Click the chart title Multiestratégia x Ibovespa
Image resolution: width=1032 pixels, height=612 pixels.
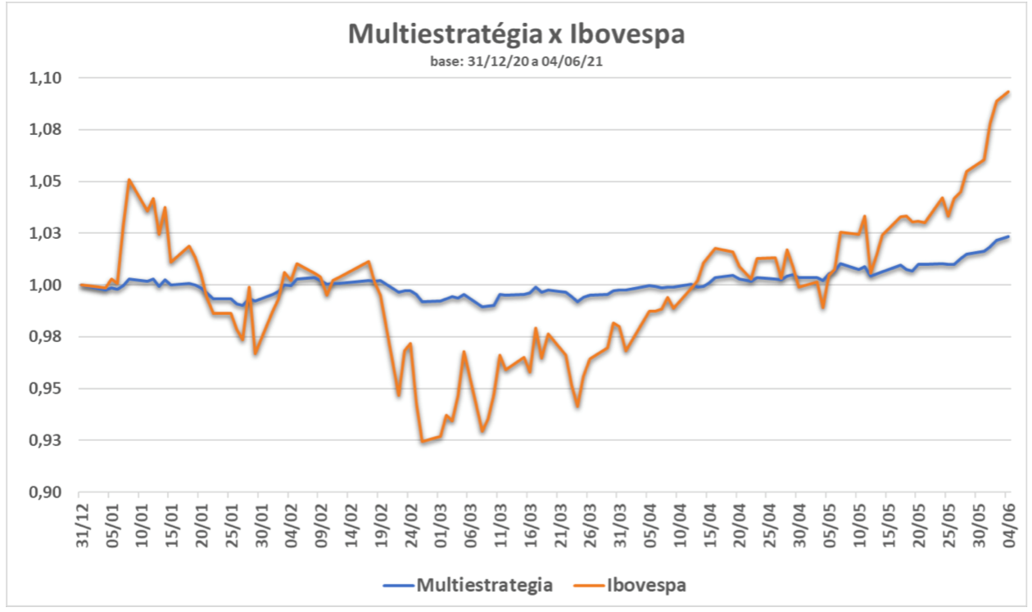(x=516, y=35)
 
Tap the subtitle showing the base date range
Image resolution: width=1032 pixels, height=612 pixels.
(x=516, y=61)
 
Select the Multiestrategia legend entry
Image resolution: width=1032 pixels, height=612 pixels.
(x=483, y=585)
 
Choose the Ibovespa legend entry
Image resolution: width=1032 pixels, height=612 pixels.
(x=647, y=585)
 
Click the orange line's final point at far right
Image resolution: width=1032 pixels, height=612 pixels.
(x=1008, y=92)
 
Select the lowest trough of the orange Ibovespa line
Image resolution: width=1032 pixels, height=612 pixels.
(x=423, y=442)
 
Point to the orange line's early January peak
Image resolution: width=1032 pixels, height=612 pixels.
(x=129, y=179)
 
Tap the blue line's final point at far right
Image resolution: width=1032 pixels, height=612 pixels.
(x=1008, y=236)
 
